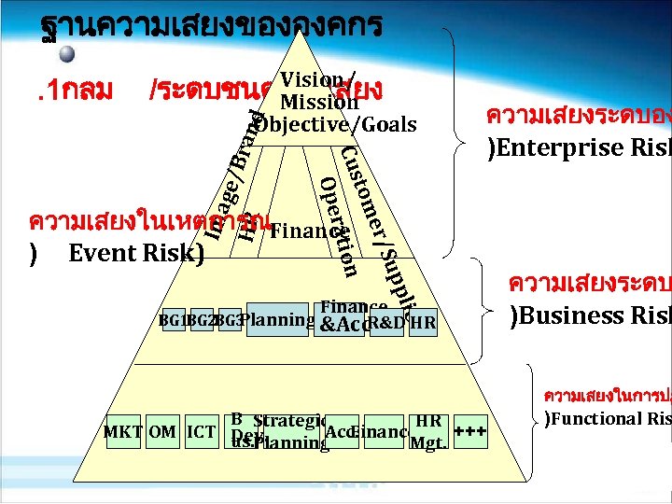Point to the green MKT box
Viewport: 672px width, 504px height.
click(122, 432)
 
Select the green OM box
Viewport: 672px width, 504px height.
click(162, 432)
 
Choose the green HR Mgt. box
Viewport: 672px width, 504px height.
click(428, 431)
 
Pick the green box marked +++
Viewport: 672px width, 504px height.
click(470, 432)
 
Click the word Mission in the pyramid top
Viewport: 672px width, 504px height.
click(314, 102)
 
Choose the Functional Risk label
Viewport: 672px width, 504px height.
click(607, 418)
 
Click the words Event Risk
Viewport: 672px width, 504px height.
click(135, 253)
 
